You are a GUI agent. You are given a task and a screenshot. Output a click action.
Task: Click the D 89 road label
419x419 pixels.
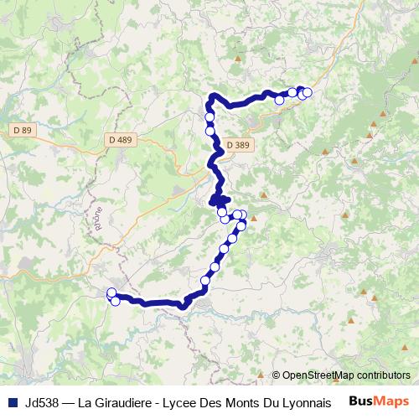pyautogui.click(x=22, y=130)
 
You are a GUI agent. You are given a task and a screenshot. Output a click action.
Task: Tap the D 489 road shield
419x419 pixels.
pyautogui.click(x=120, y=140)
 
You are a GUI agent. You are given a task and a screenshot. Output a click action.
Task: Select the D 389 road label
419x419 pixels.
pyautogui.click(x=237, y=145)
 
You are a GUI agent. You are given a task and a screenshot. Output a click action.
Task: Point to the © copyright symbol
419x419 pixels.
pyautogui.click(x=277, y=375)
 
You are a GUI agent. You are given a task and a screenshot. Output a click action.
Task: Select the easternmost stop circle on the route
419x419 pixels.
pyautogui.click(x=308, y=92)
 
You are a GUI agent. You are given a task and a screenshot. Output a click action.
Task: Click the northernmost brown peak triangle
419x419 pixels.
pyautogui.click(x=240, y=59)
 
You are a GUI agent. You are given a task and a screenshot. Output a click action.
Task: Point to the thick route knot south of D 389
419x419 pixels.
pyautogui.click(x=219, y=199)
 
